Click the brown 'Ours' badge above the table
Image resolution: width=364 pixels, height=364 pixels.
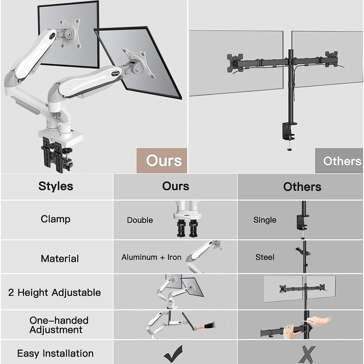pos(162,160)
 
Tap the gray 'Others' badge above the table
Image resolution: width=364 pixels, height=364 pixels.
pos(339,161)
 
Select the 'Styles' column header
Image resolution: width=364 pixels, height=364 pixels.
pos(56,186)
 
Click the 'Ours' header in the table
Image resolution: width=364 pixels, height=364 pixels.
pos(175,186)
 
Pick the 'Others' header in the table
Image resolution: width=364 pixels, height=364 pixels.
pos(302,187)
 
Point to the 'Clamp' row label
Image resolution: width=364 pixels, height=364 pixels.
pos(55,219)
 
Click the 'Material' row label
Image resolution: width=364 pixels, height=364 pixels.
pos(60,258)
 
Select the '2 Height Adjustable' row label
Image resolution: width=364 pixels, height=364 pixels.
pos(54,292)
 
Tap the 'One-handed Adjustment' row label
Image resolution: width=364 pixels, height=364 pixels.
pos(59,325)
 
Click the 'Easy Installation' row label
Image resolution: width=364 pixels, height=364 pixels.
pos(55,353)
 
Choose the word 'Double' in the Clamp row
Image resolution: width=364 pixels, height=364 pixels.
pos(140,220)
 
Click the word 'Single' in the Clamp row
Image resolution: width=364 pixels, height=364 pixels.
pos(265,220)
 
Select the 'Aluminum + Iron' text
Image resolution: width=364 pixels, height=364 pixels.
pos(151,257)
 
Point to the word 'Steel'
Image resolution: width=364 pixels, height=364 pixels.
pos(264,257)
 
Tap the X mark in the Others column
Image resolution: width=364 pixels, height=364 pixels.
pos(306,354)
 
